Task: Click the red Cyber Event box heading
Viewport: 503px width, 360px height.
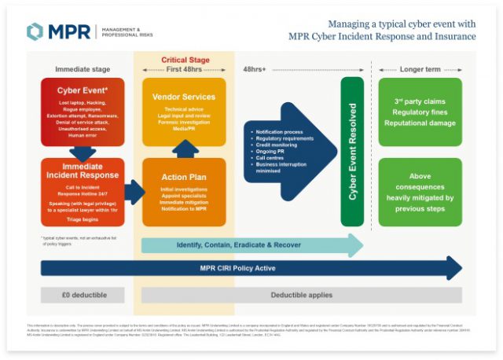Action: [x=83, y=90]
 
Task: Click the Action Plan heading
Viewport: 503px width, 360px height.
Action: [x=184, y=178]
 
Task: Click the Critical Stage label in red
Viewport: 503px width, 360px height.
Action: [x=185, y=60]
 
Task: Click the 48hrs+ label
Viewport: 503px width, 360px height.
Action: [x=255, y=69]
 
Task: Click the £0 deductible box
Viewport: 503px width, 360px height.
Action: [x=83, y=295]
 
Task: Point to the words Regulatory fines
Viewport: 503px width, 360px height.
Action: [x=419, y=112]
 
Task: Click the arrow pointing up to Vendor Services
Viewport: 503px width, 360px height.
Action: [x=184, y=149]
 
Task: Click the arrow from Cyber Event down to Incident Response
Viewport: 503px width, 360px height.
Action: [x=83, y=152]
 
